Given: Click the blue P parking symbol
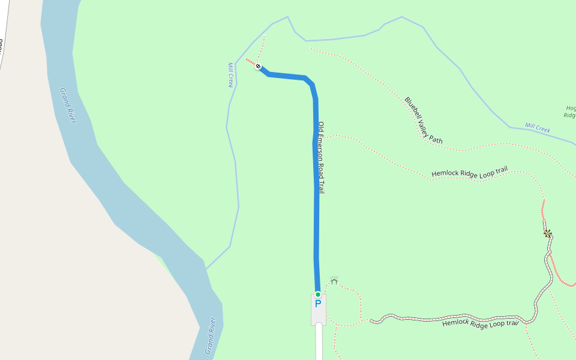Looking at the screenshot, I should [x=318, y=304].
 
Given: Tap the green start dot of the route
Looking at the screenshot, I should [x=318, y=294].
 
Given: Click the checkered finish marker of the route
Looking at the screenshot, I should [x=258, y=66].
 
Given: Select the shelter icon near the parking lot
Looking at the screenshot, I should [x=334, y=280].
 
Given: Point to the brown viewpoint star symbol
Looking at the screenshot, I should [x=547, y=233].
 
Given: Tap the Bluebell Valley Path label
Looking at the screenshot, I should [x=423, y=121].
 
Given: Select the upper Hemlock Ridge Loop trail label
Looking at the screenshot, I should [x=469, y=172].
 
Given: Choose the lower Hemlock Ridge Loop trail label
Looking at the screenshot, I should [x=480, y=323].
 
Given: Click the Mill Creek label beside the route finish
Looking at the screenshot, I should [x=230, y=75].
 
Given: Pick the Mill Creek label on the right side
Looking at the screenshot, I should [x=538, y=128].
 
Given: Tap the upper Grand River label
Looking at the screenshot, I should [x=68, y=106].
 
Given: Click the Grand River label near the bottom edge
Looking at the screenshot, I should [x=210, y=335].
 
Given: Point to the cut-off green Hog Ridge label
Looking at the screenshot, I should [x=570, y=112].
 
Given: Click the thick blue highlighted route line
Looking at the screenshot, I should [x=316, y=210].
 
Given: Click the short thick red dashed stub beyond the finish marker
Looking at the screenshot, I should [x=250, y=61].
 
